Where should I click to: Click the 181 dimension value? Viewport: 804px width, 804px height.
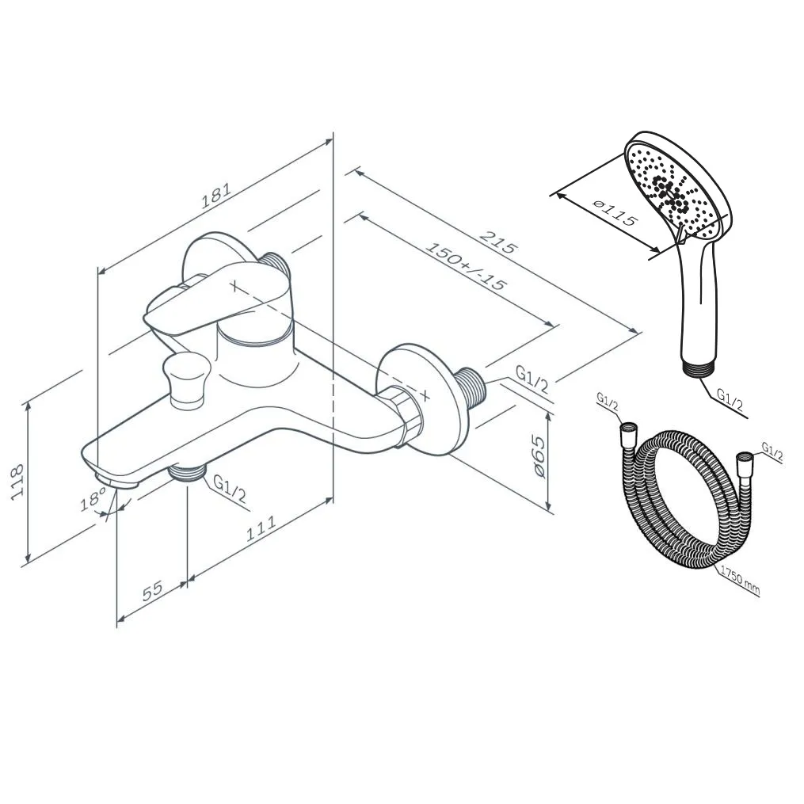[216, 195]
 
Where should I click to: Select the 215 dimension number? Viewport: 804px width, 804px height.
[497, 243]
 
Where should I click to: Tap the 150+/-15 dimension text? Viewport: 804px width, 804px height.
[466, 265]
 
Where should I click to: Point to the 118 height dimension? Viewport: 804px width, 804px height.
[18, 481]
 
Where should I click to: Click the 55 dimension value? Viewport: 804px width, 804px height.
[152, 591]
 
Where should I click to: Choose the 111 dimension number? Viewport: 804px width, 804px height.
[261, 528]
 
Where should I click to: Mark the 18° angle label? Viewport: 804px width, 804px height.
[93, 498]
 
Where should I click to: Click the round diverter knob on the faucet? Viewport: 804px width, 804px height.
[186, 379]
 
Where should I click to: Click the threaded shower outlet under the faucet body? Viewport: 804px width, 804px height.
[187, 471]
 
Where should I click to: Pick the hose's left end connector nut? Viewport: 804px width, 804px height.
[629, 437]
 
